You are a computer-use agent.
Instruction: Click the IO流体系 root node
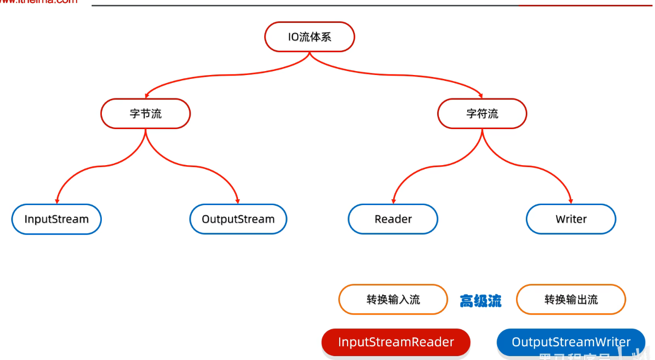click(x=309, y=37)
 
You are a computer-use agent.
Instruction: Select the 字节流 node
click(x=145, y=114)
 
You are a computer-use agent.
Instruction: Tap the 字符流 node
click(x=482, y=114)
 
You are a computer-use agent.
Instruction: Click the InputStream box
click(x=57, y=219)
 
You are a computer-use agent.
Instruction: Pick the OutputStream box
click(x=238, y=219)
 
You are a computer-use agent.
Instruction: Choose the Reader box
click(x=393, y=219)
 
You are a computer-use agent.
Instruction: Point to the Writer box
click(x=571, y=219)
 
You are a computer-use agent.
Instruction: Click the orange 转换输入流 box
click(x=393, y=300)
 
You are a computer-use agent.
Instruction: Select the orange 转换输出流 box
click(x=571, y=300)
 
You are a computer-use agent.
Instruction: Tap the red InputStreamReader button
click(x=396, y=342)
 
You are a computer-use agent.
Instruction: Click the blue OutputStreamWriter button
click(x=571, y=342)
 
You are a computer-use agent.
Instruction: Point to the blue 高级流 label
click(x=481, y=301)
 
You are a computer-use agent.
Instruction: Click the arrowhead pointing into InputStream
click(x=57, y=201)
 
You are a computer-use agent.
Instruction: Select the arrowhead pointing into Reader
click(x=393, y=201)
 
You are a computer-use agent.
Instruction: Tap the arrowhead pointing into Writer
click(x=571, y=201)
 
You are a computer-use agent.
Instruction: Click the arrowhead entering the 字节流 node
click(x=146, y=95)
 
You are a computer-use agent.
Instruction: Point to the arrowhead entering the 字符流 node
click(x=482, y=95)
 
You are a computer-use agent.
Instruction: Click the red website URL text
click(x=39, y=2)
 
